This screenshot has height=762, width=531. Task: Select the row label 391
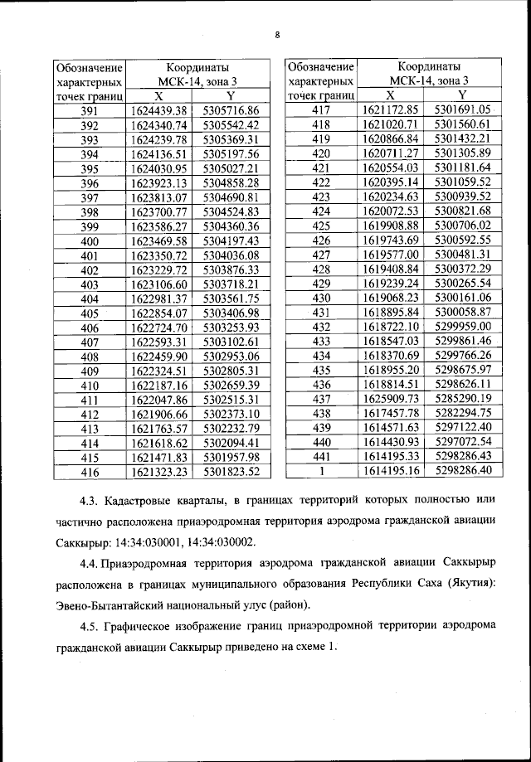[90, 111]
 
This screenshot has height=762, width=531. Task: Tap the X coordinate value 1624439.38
[160, 111]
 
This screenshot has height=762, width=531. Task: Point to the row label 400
[90, 240]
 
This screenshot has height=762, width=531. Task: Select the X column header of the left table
[159, 96]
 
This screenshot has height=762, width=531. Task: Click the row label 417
[321, 110]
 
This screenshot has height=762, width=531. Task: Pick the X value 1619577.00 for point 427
[392, 254]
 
